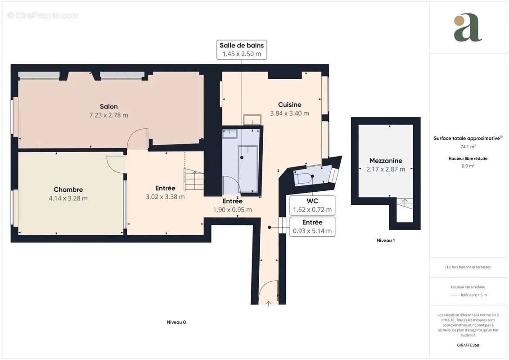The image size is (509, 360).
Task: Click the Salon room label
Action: click(109, 107)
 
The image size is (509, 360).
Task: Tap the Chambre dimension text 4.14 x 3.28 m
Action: click(68, 198)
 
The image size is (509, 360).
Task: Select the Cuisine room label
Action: click(289, 105)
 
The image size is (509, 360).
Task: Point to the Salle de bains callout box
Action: click(242, 49)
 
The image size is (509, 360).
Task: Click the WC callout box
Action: click(312, 205)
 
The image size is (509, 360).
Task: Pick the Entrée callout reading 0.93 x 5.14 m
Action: click(312, 227)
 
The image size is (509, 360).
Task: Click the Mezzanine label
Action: click(386, 161)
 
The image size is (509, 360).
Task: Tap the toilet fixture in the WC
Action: click(303, 179)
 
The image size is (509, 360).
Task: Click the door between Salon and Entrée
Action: click(138, 139)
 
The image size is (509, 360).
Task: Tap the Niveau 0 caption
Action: click(176, 322)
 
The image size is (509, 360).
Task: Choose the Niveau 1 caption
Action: click(386, 241)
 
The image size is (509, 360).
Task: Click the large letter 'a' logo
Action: click(468, 28)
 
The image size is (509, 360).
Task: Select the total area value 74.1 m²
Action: click(468, 147)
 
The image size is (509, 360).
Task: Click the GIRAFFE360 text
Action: click(468, 346)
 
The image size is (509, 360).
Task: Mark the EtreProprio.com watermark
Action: click(43, 16)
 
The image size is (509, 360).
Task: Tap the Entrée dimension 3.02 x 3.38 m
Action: click(165, 197)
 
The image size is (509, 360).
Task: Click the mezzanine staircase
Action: click(404, 210)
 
